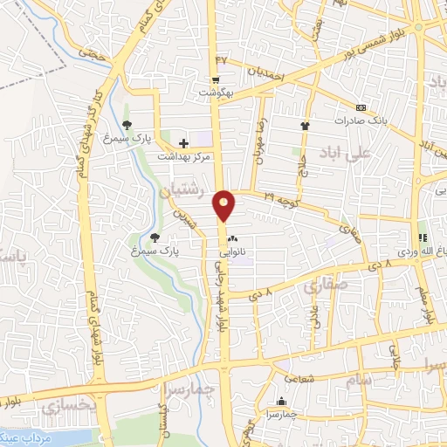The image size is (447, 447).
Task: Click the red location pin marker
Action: point(225,204)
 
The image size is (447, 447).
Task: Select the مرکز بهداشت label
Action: point(186,156)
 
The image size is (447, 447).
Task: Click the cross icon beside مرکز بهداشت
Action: point(183,142)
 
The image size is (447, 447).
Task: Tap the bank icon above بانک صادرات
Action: point(361,107)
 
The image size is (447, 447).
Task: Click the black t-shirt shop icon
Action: point(305,126)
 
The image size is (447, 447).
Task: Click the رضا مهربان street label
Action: point(259,129)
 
